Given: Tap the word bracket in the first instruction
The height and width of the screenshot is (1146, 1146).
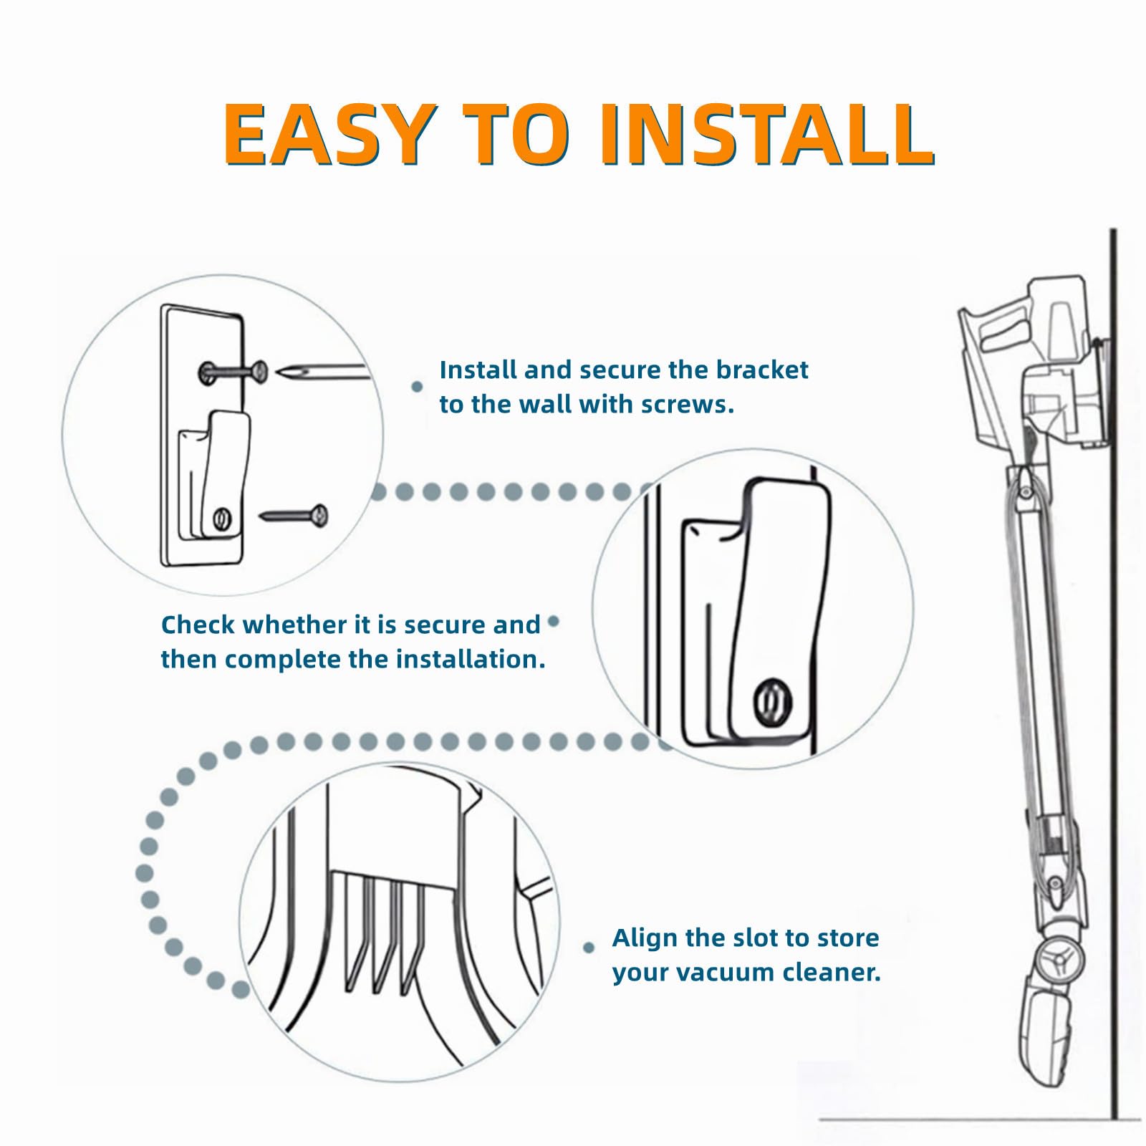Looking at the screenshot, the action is click(x=762, y=370).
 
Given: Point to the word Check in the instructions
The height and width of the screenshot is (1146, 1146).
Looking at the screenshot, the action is click(x=198, y=625).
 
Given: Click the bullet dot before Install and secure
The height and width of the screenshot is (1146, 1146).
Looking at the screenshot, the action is click(x=417, y=387).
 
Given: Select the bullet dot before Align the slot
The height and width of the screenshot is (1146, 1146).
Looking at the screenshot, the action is click(x=589, y=948).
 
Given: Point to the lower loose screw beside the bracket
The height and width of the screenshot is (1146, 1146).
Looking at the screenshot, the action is click(x=294, y=515).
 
